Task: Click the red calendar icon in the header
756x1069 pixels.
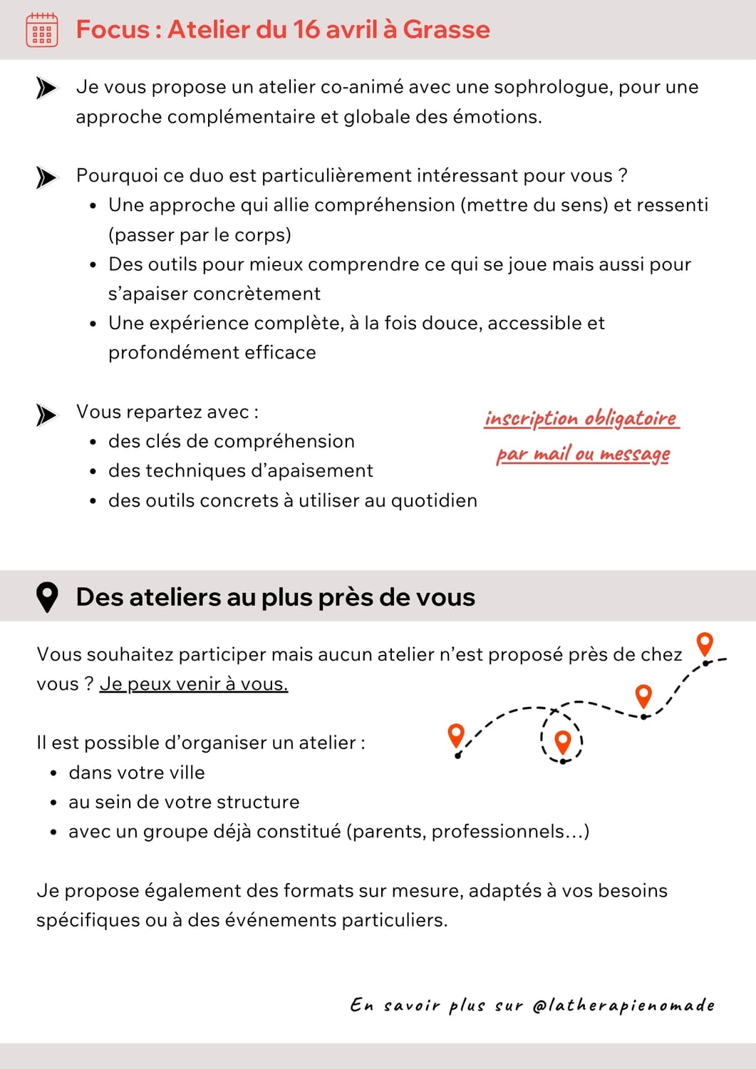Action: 41,30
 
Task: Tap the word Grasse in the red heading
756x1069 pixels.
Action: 446,29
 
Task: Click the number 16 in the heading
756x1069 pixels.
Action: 306,29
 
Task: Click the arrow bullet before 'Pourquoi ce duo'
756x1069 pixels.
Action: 46,177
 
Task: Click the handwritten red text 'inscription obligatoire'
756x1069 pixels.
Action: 581,418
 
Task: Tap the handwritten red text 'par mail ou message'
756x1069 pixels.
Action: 583,454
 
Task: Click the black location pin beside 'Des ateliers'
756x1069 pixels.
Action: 47,597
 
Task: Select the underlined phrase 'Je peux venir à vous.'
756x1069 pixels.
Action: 194,684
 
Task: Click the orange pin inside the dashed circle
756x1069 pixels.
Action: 563,741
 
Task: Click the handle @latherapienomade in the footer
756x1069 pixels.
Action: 623,1006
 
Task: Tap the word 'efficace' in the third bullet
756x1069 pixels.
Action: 280,353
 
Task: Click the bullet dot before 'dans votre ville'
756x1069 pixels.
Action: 53,774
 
